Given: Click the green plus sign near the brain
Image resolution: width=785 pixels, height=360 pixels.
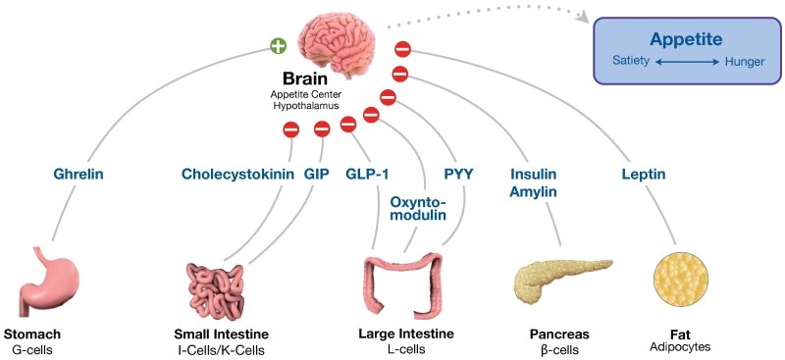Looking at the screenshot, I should point(280,45).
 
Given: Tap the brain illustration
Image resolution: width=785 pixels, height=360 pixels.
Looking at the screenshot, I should point(336,37).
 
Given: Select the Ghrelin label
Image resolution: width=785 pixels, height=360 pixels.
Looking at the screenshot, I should point(78,175).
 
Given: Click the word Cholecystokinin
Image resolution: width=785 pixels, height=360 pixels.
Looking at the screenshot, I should point(238,175).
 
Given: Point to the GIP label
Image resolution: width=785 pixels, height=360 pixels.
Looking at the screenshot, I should point(316,175).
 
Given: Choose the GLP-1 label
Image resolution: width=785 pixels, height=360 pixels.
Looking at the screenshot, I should point(368,175).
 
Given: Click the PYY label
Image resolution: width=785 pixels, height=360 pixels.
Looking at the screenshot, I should point(458,175).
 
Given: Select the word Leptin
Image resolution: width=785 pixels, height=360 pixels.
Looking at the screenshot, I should point(645,175).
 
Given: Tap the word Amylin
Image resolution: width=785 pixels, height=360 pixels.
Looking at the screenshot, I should point(533,191).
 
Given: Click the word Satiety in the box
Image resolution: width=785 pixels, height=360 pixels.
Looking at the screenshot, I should point(627,62).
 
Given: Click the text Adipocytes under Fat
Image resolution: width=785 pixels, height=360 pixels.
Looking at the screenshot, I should point(680,346).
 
